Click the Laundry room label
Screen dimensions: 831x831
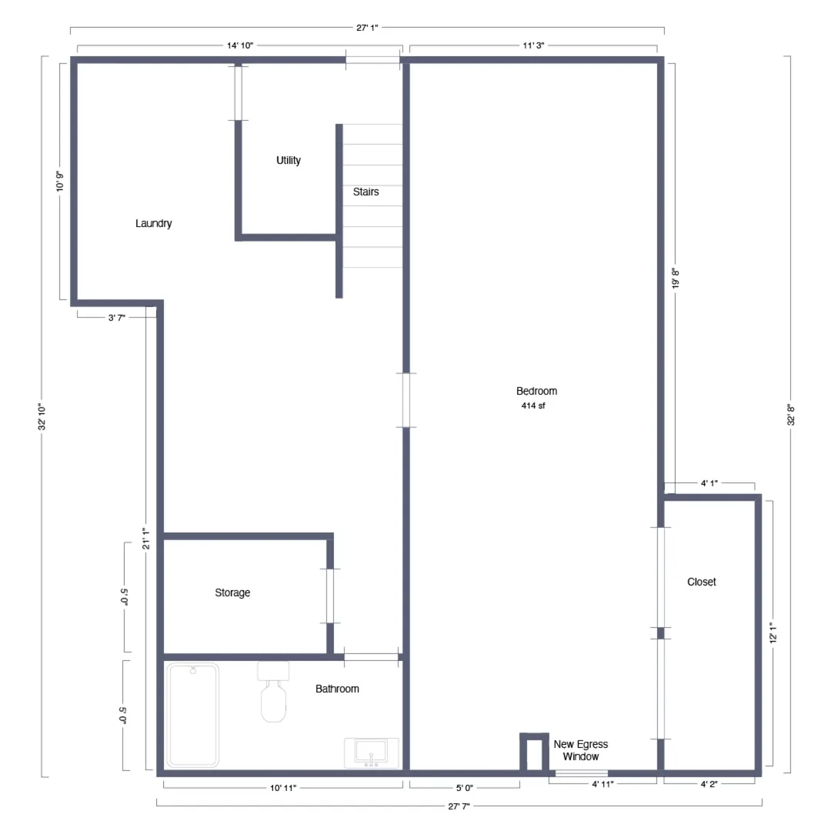pyautogui.click(x=154, y=224)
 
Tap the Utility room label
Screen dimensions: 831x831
pyautogui.click(x=289, y=161)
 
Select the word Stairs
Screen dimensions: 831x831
pyautogui.click(x=366, y=192)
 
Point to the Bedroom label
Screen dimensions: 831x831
pyautogui.click(x=537, y=391)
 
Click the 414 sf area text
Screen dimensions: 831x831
pyautogui.click(x=533, y=406)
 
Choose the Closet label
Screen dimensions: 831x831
pyautogui.click(x=702, y=582)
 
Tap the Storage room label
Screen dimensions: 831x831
pyautogui.click(x=232, y=593)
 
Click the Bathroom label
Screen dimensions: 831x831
pyautogui.click(x=338, y=689)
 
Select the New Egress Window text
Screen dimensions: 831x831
pyautogui.click(x=581, y=750)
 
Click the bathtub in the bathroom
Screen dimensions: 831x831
pyautogui.click(x=193, y=716)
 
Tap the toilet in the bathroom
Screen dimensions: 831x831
pyautogui.click(x=273, y=692)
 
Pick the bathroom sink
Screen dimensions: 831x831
pyautogui.click(x=372, y=753)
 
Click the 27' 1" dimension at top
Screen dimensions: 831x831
pyautogui.click(x=367, y=28)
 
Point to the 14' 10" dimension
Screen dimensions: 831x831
pyautogui.click(x=240, y=45)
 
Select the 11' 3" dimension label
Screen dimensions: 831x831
pyautogui.click(x=534, y=45)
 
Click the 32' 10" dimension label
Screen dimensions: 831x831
pyautogui.click(x=42, y=416)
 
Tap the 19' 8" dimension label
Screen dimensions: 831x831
pyautogui.click(x=676, y=279)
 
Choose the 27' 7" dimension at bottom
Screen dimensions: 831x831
pyautogui.click(x=459, y=806)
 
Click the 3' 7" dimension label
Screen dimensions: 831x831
pyautogui.click(x=117, y=318)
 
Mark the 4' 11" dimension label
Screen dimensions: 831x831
pyautogui.click(x=602, y=784)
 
